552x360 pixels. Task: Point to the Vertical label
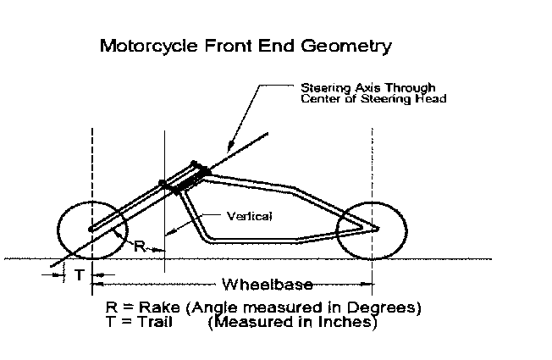pos(251,216)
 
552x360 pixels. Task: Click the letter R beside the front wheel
pos(141,246)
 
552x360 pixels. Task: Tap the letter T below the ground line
pos(79,275)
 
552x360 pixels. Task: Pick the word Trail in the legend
pos(159,322)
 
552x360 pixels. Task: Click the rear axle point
pos(376,229)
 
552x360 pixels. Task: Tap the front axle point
pos(91,229)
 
